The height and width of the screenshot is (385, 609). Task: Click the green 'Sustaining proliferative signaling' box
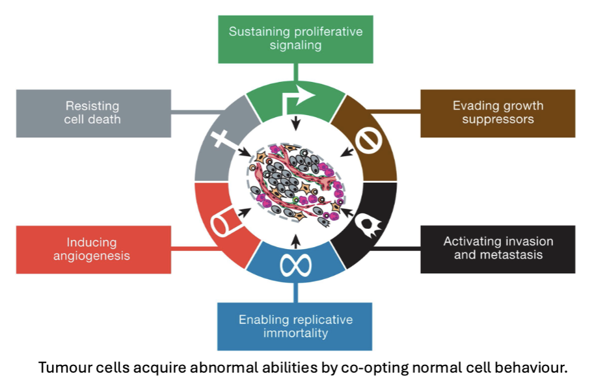(295, 39)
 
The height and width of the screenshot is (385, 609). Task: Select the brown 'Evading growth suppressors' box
(498, 113)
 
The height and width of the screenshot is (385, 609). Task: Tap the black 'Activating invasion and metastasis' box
(498, 248)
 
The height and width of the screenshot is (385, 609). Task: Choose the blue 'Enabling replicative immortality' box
(295, 326)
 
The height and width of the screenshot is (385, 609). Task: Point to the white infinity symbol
(296, 265)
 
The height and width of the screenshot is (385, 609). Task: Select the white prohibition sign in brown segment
(369, 139)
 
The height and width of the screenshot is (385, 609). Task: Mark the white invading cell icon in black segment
(369, 222)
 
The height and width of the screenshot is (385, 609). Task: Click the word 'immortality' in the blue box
(295, 334)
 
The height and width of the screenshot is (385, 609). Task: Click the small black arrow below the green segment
(296, 124)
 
